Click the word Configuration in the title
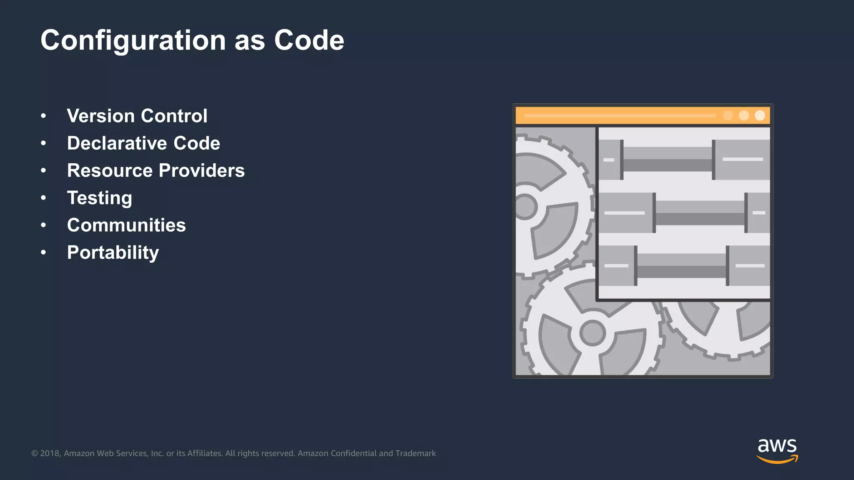[x=133, y=41]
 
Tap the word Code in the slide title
[x=309, y=40]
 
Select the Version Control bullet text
[x=137, y=116]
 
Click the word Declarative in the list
[x=116, y=143]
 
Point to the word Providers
[x=202, y=170]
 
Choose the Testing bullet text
[x=99, y=198]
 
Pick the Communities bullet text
[x=126, y=225]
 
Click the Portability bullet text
[x=113, y=252]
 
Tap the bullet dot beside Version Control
[x=43, y=116]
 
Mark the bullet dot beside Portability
[x=43, y=252]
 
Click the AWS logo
[x=777, y=450]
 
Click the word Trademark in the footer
[x=415, y=453]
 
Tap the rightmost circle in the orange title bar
[x=760, y=115]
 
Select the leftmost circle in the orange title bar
[x=728, y=115]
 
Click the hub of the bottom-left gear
[x=592, y=333]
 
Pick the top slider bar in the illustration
[x=667, y=160]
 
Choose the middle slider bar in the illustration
[x=700, y=213]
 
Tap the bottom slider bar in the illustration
[x=681, y=266]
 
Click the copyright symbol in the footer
[x=35, y=453]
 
